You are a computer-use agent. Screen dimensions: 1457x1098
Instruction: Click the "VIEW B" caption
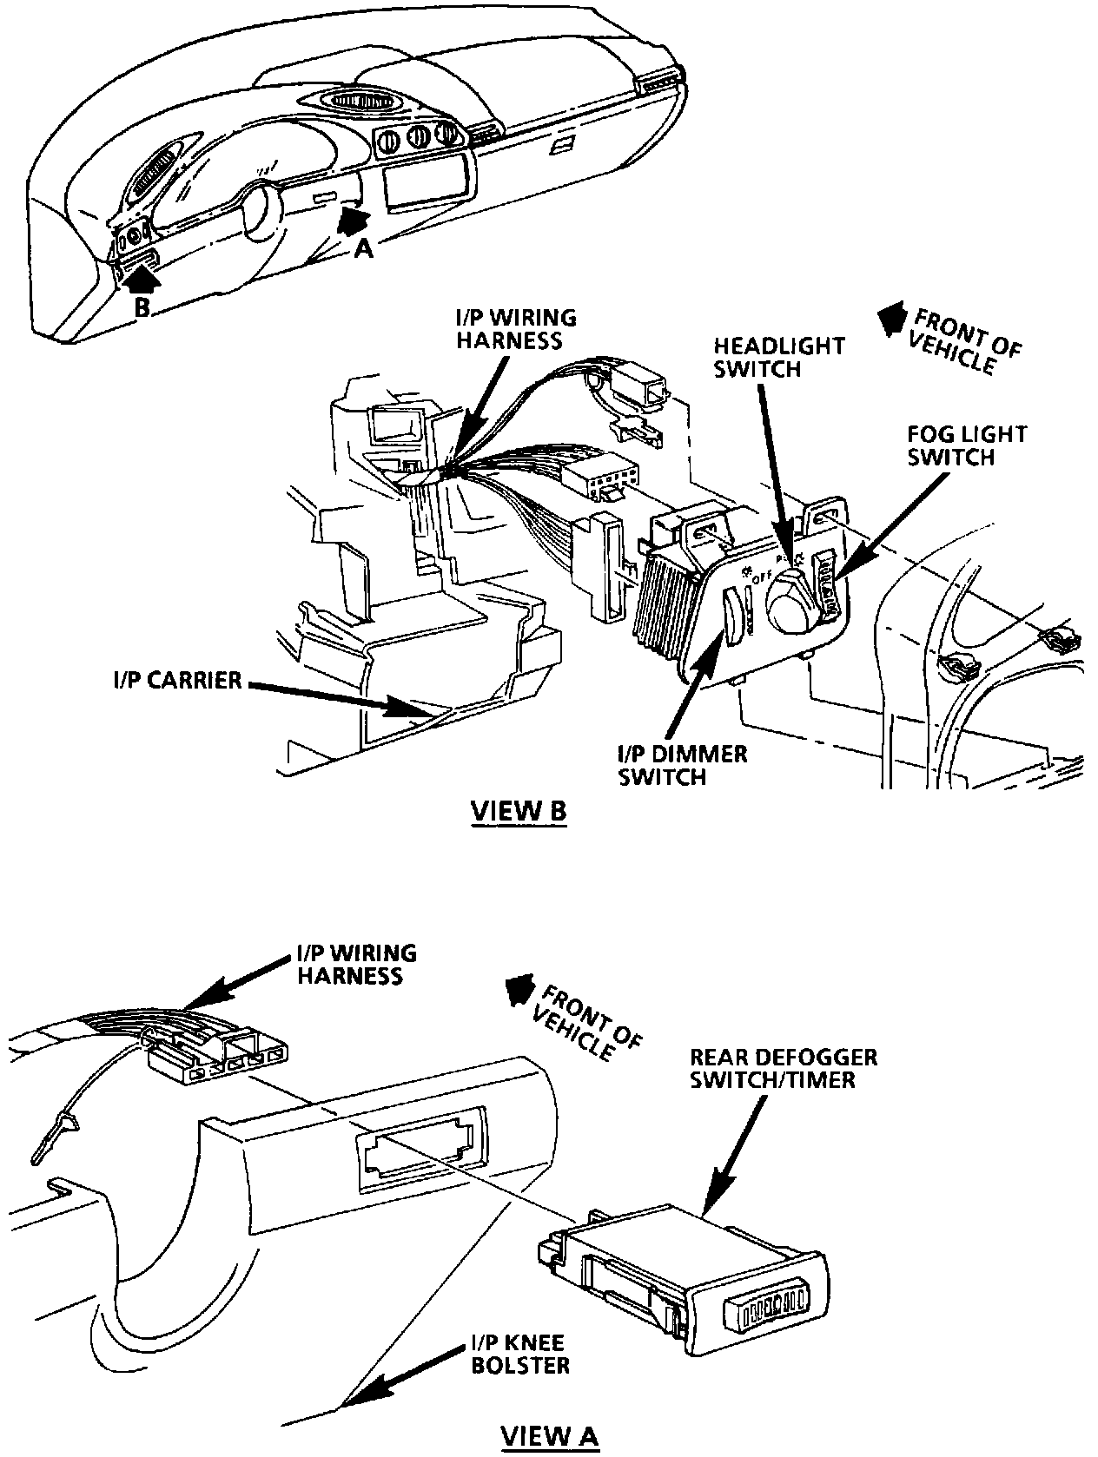click(x=519, y=811)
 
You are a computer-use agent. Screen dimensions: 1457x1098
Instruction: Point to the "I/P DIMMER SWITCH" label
click(x=682, y=765)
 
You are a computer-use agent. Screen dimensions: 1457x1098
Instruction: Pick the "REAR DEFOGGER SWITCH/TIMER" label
click(x=784, y=1069)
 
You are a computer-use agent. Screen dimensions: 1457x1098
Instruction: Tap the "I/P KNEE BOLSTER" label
click(x=519, y=1353)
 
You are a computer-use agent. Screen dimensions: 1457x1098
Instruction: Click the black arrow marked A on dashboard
click(x=353, y=221)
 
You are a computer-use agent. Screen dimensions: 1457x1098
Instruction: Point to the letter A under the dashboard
click(x=365, y=249)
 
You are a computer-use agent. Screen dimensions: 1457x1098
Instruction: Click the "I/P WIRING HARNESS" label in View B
click(x=516, y=329)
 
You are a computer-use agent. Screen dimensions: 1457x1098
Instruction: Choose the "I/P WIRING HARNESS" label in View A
click(x=357, y=965)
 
